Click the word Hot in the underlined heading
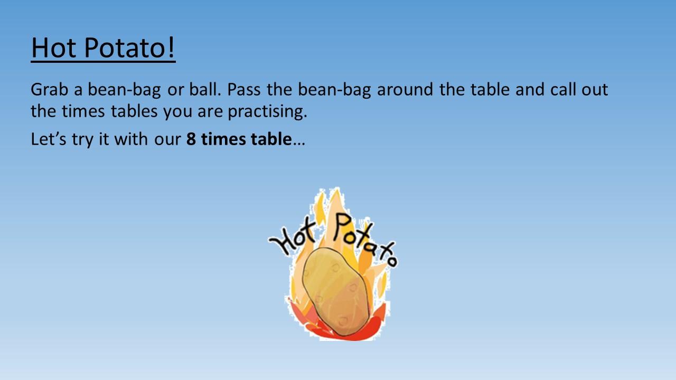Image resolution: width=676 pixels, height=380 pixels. click(x=54, y=47)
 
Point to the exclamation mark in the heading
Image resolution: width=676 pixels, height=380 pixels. click(x=171, y=47)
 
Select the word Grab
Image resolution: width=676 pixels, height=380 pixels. click(x=49, y=89)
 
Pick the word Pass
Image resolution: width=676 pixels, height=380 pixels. click(x=243, y=89)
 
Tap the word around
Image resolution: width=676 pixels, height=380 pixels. click(x=405, y=89)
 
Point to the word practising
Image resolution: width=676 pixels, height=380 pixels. click(x=267, y=111)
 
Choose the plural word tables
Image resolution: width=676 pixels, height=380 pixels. click(x=134, y=111)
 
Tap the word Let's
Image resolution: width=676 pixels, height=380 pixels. click(x=48, y=139)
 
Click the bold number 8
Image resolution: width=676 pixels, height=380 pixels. click(x=191, y=139)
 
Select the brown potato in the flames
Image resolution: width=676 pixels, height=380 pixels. click(x=336, y=292)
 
